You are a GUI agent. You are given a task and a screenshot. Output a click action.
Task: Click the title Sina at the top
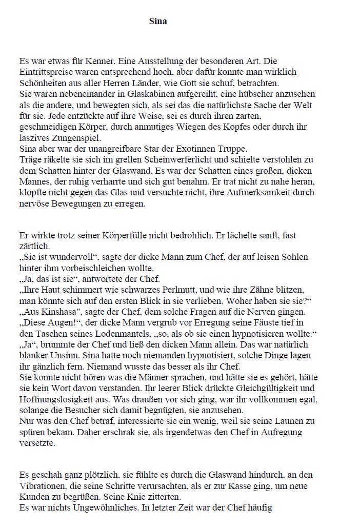coord(158,21)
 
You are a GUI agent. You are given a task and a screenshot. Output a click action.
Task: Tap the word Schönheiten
coord(44,83)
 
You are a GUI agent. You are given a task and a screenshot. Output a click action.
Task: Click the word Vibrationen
coord(44,486)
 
